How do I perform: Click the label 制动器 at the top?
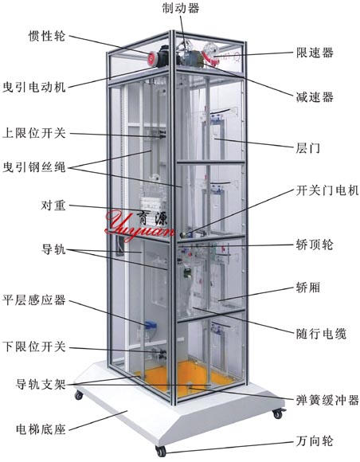tap(181, 8)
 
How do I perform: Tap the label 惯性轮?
tap(47, 36)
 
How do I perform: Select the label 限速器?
tap(315, 53)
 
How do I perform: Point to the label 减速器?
tap(315, 97)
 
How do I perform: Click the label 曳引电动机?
tap(34, 87)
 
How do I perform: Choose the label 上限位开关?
tap(34, 133)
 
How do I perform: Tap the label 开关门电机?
tap(327, 190)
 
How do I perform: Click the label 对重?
tap(53, 206)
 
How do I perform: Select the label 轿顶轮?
tap(315, 245)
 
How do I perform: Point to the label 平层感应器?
tap(34, 300)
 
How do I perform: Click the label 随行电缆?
tap(321, 334)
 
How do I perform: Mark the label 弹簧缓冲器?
tap(327, 401)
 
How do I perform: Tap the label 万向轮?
tap(315, 441)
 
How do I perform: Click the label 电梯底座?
tap(41, 429)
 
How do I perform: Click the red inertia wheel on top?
tap(153, 58)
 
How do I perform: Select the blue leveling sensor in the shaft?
tap(151, 325)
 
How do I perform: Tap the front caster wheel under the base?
tap(161, 451)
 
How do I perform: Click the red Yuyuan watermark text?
tap(139, 225)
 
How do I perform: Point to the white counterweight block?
tap(151, 203)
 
